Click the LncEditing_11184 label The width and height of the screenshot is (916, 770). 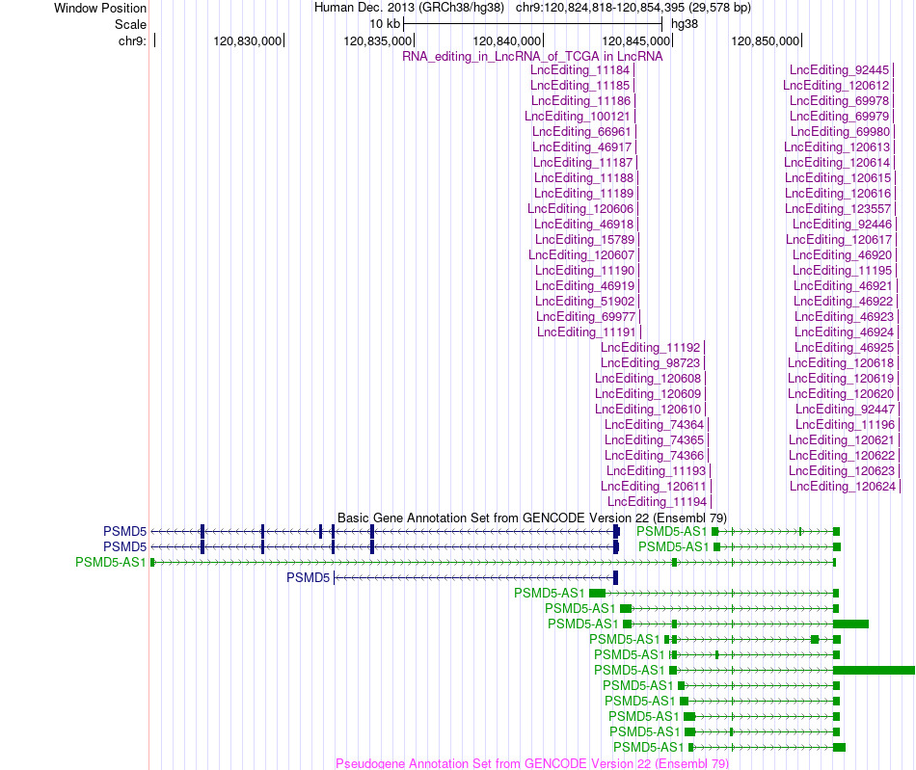580,70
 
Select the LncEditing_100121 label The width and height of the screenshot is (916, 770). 578,117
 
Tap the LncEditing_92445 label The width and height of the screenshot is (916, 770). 840,70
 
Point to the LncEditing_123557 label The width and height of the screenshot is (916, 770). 838,209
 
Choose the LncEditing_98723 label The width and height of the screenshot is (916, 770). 650,363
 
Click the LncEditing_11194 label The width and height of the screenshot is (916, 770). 658,502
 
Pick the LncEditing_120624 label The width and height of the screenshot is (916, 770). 843,487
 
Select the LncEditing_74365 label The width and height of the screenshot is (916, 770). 655,440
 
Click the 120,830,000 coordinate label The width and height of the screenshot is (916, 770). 247,40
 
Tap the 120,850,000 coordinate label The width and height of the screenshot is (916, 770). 766,40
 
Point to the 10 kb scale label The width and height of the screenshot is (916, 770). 385,24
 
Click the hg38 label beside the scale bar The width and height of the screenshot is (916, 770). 685,24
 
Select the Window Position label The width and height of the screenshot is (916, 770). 100,8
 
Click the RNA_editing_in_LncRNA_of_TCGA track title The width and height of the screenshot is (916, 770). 533,57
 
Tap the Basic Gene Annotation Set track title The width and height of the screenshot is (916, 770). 532,518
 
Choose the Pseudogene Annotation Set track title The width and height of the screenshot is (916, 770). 532,763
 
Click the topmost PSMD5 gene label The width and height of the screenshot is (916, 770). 125,531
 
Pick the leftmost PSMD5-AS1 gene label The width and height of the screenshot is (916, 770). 111,562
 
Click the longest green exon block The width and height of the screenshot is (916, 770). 874,670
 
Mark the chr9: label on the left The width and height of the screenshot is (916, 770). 133,40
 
